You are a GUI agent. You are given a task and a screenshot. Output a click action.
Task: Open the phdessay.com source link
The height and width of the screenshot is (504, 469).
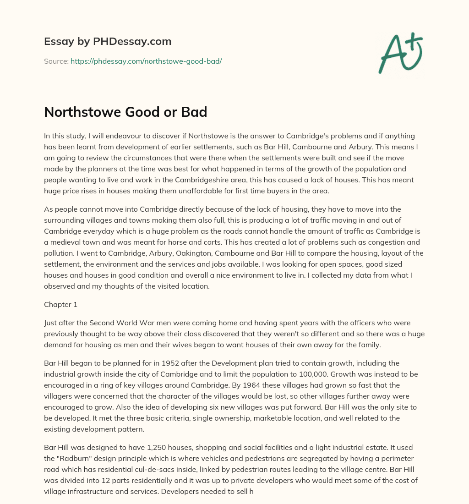[x=146, y=61]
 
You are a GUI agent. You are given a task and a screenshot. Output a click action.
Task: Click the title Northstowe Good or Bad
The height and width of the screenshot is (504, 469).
[x=125, y=112]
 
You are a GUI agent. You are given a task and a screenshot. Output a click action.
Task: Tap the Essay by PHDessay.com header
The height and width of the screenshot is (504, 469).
[x=108, y=41]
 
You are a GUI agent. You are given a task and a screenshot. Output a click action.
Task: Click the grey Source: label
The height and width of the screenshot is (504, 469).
[x=56, y=61]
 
